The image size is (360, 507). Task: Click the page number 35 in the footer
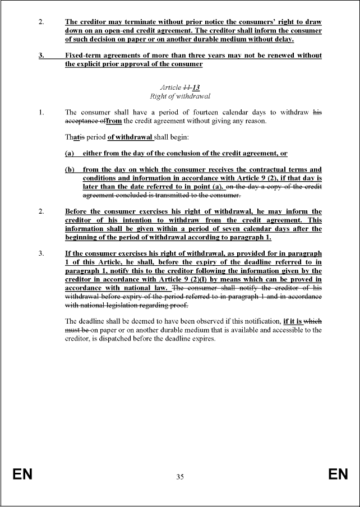tap(180, 477)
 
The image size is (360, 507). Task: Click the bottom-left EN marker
tap(22, 475)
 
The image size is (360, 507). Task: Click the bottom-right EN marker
tap(338, 475)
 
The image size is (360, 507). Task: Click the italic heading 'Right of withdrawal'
tap(180, 96)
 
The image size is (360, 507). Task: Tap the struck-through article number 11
tap(187, 87)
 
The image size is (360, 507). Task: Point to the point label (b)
tap(71, 169)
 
